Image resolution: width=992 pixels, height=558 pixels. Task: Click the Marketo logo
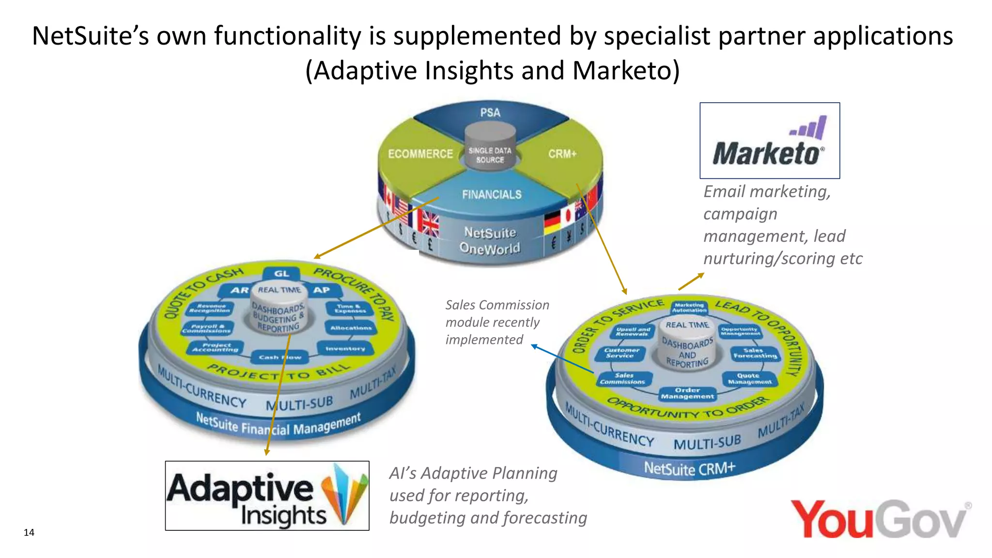(769, 141)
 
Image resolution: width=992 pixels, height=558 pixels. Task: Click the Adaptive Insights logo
(267, 496)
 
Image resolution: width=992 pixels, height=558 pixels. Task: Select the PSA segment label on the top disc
(490, 113)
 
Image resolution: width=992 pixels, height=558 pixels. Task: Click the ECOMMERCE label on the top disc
(420, 154)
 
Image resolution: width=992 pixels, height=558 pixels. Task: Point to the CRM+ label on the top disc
(562, 154)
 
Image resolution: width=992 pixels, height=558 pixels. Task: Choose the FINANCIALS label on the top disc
(491, 195)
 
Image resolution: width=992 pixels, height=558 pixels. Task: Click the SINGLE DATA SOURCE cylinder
(490, 146)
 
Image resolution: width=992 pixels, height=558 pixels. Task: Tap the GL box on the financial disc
(281, 274)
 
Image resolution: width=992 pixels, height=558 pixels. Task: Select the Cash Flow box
(279, 357)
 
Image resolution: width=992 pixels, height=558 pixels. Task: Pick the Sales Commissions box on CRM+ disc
(623, 379)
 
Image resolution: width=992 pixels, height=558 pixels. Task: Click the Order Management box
(687, 393)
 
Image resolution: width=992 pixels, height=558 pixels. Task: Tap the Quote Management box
(749, 379)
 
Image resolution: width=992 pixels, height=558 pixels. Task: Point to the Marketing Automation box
(689, 308)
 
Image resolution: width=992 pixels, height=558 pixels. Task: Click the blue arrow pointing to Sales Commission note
(562, 359)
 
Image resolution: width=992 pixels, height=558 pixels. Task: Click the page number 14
(29, 532)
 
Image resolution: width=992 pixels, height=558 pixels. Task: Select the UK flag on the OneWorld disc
(428, 226)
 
